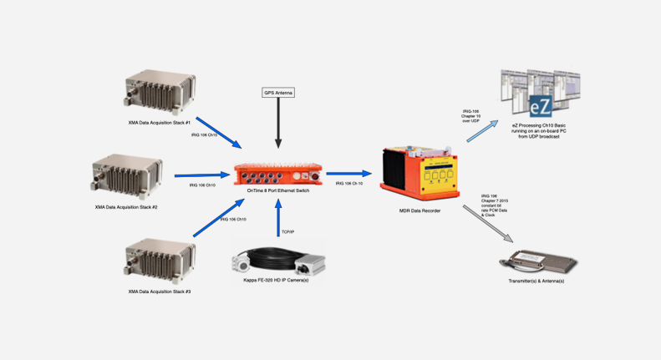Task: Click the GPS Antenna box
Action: [x=279, y=93]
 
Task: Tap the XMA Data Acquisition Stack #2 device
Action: [x=129, y=174]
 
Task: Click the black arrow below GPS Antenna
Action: [x=279, y=125]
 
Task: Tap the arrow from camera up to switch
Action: [x=279, y=222]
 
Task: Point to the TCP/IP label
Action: [x=287, y=231]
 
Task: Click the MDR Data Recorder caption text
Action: [x=419, y=211]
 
